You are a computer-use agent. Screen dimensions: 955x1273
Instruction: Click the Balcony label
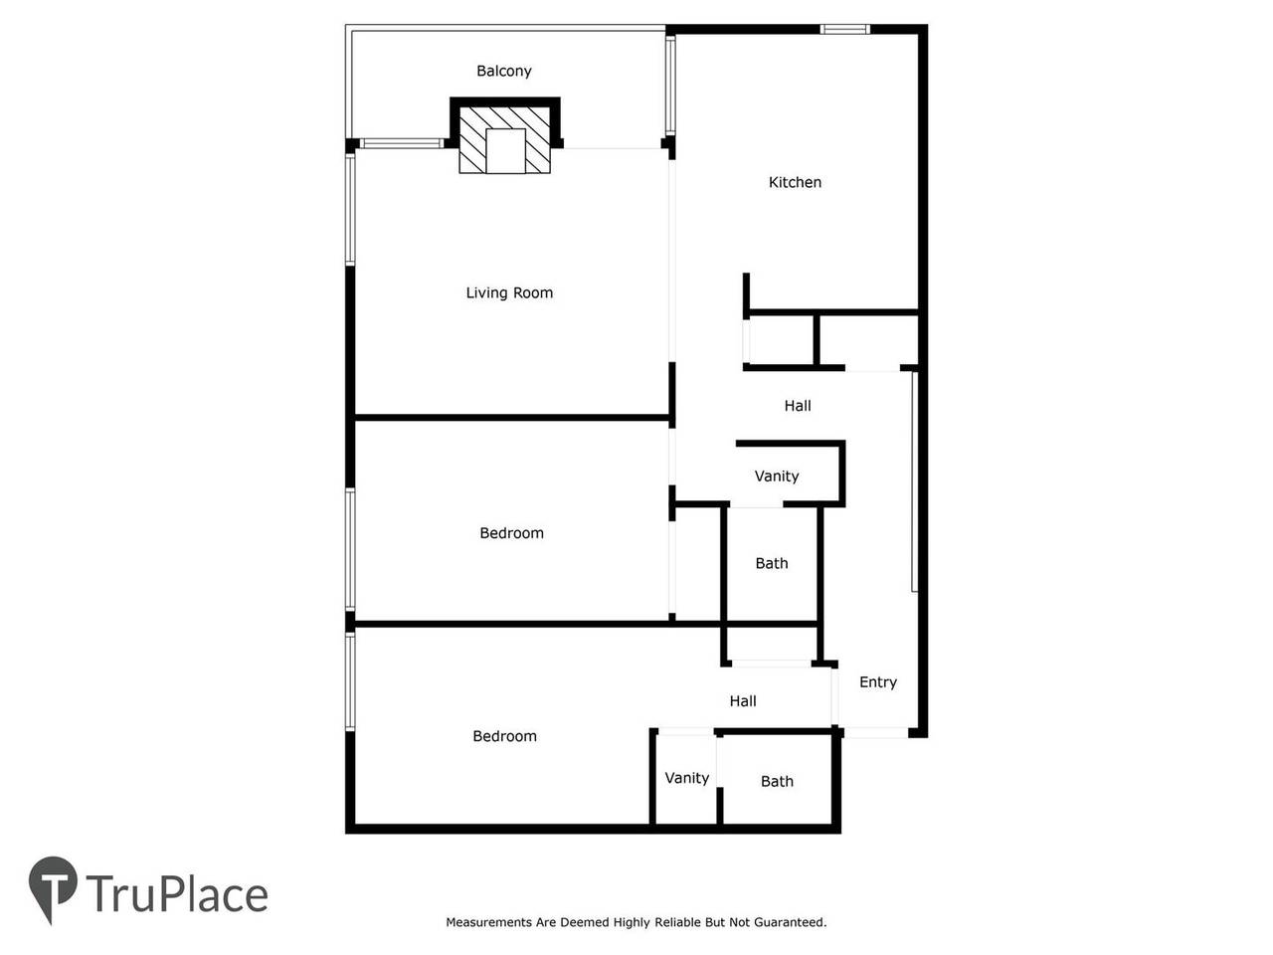pos(503,71)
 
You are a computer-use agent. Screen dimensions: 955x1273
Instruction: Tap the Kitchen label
pos(795,182)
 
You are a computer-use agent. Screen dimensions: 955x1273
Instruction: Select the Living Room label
pos(509,292)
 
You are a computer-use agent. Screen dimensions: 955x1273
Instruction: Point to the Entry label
pos(877,681)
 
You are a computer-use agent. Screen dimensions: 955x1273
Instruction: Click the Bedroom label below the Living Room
pos(511,533)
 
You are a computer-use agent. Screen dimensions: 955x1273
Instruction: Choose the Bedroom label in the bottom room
pos(504,736)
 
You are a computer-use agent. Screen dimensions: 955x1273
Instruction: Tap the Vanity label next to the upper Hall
pos(776,476)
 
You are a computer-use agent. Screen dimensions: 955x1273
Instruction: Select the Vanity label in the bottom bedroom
pos(686,778)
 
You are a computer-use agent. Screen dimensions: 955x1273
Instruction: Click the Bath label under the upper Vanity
pos(771,563)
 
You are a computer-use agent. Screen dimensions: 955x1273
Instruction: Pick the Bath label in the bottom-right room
pos(777,781)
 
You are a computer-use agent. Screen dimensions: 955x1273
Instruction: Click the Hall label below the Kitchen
pos(797,406)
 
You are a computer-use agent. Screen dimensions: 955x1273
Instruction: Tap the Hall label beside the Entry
pos(742,700)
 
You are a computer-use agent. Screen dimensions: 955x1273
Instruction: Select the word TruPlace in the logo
pos(177,894)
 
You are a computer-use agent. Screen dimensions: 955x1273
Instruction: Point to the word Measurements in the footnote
pos(488,922)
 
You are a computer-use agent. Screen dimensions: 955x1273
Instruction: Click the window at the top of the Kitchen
pos(844,30)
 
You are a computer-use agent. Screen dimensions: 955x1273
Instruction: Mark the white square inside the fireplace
pos(505,150)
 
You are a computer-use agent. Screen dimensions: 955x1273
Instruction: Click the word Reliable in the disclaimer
pos(677,922)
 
